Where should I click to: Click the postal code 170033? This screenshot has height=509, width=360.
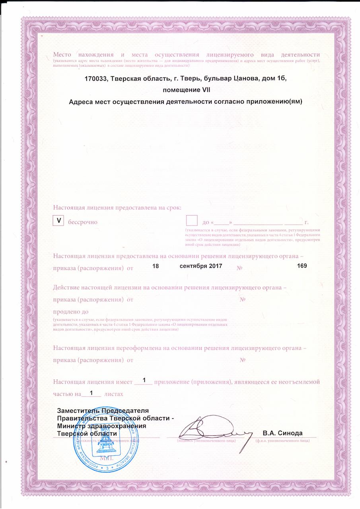tap(96, 79)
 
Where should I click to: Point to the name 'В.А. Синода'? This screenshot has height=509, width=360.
tap(283, 433)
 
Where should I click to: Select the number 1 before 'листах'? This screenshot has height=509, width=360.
tap(91, 393)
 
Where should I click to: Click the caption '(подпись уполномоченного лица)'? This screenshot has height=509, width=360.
tap(207, 441)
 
